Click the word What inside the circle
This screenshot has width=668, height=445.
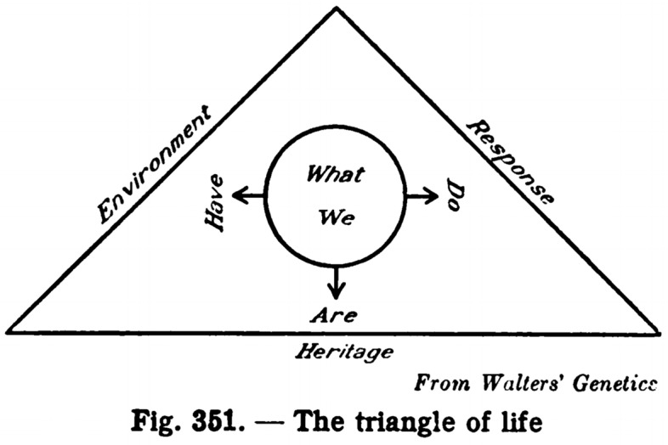point(335,176)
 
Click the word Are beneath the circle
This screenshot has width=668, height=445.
point(332,315)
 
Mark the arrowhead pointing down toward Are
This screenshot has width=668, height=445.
point(337,293)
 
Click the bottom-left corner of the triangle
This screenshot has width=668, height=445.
point(8,330)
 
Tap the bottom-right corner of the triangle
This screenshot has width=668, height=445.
point(659,330)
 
